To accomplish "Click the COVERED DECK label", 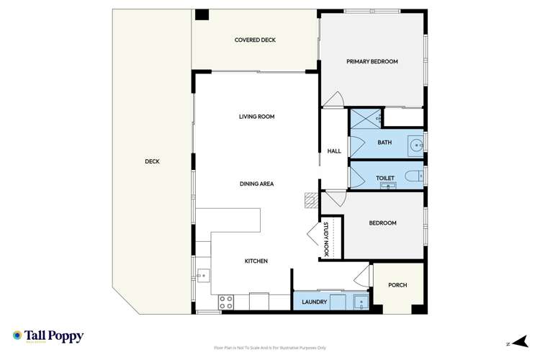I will click(x=255, y=40).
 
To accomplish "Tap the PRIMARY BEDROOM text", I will click(x=372, y=62).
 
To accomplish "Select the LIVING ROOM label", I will click(x=257, y=117).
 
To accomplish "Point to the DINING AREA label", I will click(x=257, y=184).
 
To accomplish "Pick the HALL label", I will click(x=334, y=151).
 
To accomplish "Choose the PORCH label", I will click(x=397, y=285).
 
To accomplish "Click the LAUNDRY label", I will click(x=315, y=302).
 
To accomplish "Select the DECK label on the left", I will click(x=152, y=161).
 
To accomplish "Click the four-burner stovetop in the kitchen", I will click(x=225, y=302).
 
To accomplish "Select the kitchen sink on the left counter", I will click(x=203, y=274).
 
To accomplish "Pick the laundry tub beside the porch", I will click(x=360, y=302).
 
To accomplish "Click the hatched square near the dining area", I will click(x=310, y=199).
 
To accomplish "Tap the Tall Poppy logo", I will click(x=48, y=336).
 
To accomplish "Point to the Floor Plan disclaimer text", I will click(x=270, y=347).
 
